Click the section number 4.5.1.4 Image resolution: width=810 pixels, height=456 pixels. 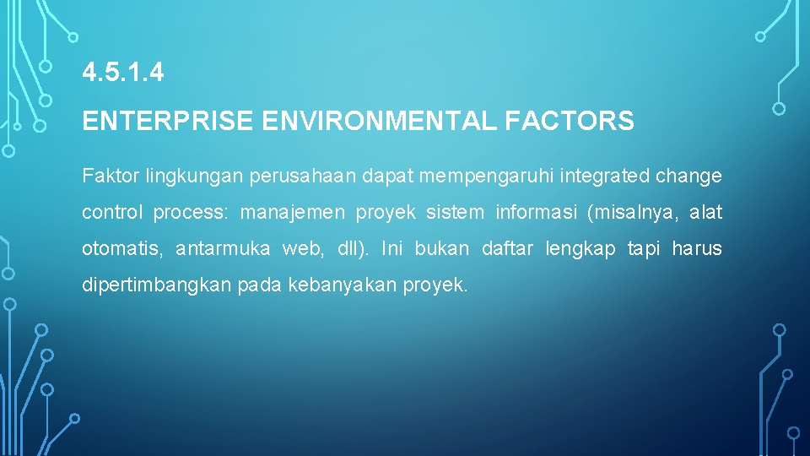pyautogui.click(x=123, y=73)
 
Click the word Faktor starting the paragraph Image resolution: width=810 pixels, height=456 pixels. pyautogui.click(x=111, y=176)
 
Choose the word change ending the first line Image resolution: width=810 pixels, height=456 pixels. pyautogui.click(x=688, y=176)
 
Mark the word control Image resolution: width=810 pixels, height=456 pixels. pyautogui.click(x=112, y=213)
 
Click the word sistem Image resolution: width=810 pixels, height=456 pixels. pyautogui.click(x=456, y=213)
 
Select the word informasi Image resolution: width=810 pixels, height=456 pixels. pyautogui.click(x=535, y=213)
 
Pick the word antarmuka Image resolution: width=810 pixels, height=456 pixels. pyautogui.click(x=223, y=249)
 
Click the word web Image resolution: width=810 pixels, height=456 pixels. pyautogui.click(x=306, y=249)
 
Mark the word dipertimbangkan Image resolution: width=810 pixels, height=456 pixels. pyautogui.click(x=156, y=285)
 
